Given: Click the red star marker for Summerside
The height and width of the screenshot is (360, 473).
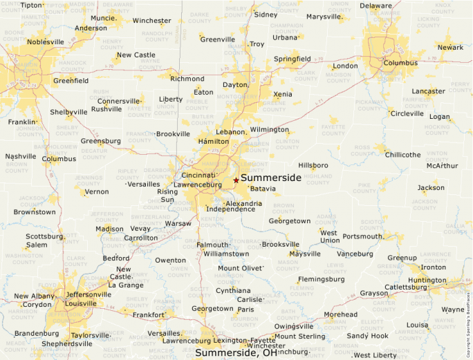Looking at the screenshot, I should coord(236,180).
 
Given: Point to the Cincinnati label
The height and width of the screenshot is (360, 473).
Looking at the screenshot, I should coord(198,176).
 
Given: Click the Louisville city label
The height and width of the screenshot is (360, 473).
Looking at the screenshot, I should coord(66,303).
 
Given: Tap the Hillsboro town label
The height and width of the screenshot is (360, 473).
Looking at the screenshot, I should coord(313,166).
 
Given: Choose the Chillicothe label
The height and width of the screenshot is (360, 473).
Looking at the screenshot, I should coord(402,154).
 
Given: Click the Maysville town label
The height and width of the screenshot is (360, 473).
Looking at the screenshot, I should coord(305,254).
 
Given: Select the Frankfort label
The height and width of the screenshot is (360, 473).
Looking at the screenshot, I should coord(149,314).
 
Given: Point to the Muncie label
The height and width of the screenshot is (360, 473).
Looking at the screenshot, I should coord(103,18).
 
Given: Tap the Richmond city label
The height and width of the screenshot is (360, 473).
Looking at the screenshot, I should coord(187,79).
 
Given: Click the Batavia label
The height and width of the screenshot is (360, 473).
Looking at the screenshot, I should coord(263,189).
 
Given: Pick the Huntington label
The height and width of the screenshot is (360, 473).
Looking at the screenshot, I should coord(427,281).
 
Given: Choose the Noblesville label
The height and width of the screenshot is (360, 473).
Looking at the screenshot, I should coord(45,41).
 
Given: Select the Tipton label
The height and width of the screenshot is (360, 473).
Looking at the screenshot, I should coord(31,5).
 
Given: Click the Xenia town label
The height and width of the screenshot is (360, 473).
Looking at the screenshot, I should coord(282,94).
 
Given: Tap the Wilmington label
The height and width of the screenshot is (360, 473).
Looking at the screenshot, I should coord(269,129).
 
